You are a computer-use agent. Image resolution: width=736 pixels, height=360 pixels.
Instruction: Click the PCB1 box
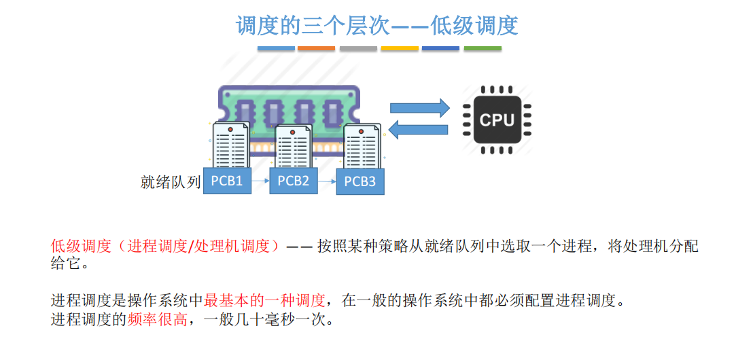228,181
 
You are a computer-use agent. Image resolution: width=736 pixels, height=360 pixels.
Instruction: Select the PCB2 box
294,181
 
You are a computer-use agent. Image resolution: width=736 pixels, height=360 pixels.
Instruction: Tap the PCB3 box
360,181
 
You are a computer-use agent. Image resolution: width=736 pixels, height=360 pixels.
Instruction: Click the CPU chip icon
497,120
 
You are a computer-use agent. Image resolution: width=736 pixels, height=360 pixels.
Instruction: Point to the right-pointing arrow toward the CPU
419,107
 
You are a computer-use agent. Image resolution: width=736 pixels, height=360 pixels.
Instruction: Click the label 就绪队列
171,181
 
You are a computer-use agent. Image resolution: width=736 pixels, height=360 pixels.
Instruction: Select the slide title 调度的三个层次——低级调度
376,26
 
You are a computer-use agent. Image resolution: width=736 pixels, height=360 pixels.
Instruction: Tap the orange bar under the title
317,49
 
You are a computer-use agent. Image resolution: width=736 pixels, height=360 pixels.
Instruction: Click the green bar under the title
483,49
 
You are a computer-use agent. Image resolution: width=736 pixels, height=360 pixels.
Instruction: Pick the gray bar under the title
358,49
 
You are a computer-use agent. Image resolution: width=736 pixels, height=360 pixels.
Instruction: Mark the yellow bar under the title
400,49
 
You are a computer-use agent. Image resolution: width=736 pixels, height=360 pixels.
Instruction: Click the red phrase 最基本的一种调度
264,300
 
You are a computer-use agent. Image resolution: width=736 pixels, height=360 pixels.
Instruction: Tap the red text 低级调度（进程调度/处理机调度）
165,246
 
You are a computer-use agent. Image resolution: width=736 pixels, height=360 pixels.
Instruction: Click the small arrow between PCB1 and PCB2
261,181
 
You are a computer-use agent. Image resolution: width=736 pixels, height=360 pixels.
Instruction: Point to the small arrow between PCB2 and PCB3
328,181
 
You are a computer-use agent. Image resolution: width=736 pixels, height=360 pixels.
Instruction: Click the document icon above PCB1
231,144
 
